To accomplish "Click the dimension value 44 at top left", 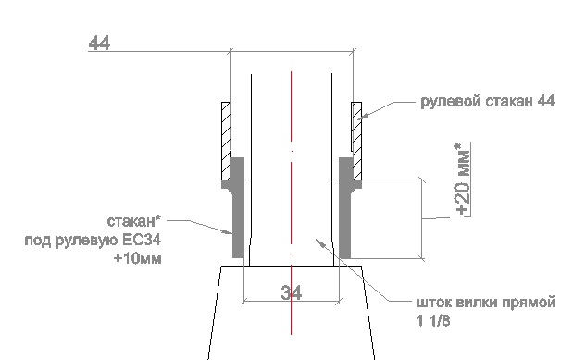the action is pos(99,43).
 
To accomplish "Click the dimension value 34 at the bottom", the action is pos(291,292).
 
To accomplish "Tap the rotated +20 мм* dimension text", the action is pos(463,179).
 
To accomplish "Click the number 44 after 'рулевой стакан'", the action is pos(545,101).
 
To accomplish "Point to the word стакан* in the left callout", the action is pos(134,221).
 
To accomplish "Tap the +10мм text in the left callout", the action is pos(138,258).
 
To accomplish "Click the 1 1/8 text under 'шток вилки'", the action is pos(433,320).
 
